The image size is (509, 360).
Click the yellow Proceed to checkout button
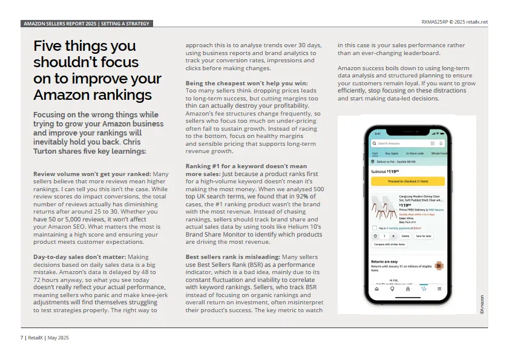[407, 181]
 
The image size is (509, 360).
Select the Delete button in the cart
[406, 235]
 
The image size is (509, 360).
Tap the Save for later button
[424, 235]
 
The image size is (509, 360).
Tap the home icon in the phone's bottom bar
[376, 289]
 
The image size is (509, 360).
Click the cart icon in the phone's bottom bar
[424, 289]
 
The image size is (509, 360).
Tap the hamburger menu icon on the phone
[439, 289]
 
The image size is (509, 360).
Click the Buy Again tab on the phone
[392, 154]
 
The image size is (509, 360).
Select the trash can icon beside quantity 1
[375, 235]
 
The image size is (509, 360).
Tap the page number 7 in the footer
[22, 338]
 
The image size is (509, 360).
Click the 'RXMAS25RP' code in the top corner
[436, 22]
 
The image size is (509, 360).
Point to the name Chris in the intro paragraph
[134, 143]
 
